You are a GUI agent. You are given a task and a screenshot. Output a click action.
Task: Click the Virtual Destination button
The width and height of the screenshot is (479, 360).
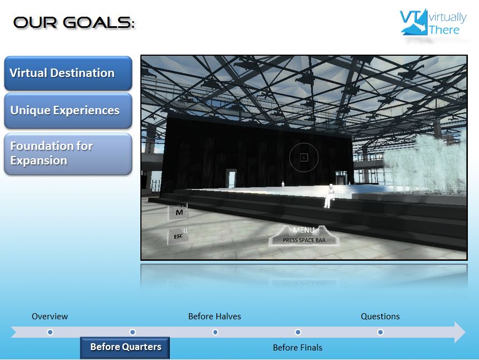[68, 74]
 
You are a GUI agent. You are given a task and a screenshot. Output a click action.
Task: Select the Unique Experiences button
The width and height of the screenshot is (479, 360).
[68, 111]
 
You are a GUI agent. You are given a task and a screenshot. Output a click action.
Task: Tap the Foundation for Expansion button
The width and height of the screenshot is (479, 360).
[68, 154]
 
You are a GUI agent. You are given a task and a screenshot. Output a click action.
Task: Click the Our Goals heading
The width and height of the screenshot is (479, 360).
[74, 23]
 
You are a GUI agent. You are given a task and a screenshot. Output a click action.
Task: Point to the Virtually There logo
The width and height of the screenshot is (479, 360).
[433, 22]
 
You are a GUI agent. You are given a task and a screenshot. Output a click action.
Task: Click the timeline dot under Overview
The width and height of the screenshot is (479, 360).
[50, 332]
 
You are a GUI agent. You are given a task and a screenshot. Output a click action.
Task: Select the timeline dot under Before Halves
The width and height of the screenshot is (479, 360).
[215, 332]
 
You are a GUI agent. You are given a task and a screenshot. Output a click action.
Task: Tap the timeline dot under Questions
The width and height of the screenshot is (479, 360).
[380, 332]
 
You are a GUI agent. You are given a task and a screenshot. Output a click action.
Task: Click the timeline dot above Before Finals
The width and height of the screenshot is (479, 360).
[298, 332]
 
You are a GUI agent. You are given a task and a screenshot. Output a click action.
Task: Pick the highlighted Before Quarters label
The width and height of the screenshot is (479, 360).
[125, 348]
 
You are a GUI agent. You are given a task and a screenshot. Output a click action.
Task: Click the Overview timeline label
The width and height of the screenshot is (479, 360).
[50, 317]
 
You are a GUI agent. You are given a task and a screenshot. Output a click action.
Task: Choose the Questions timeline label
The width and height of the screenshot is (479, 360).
[380, 317]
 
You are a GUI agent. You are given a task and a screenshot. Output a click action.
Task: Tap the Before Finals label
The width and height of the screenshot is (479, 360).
[297, 348]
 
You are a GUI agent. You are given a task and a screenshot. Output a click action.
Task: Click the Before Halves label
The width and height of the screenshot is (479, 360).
[214, 317]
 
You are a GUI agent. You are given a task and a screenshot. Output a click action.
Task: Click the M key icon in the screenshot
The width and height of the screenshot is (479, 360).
[178, 212]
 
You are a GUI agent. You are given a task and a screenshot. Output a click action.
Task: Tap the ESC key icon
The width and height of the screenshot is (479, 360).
[178, 236]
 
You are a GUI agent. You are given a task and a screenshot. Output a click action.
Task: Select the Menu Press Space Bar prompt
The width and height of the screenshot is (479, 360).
[304, 236]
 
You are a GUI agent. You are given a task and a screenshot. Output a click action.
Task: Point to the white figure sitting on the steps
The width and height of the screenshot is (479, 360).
[329, 196]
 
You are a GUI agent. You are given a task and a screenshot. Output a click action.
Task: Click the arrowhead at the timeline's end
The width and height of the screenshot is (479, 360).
[460, 332]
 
